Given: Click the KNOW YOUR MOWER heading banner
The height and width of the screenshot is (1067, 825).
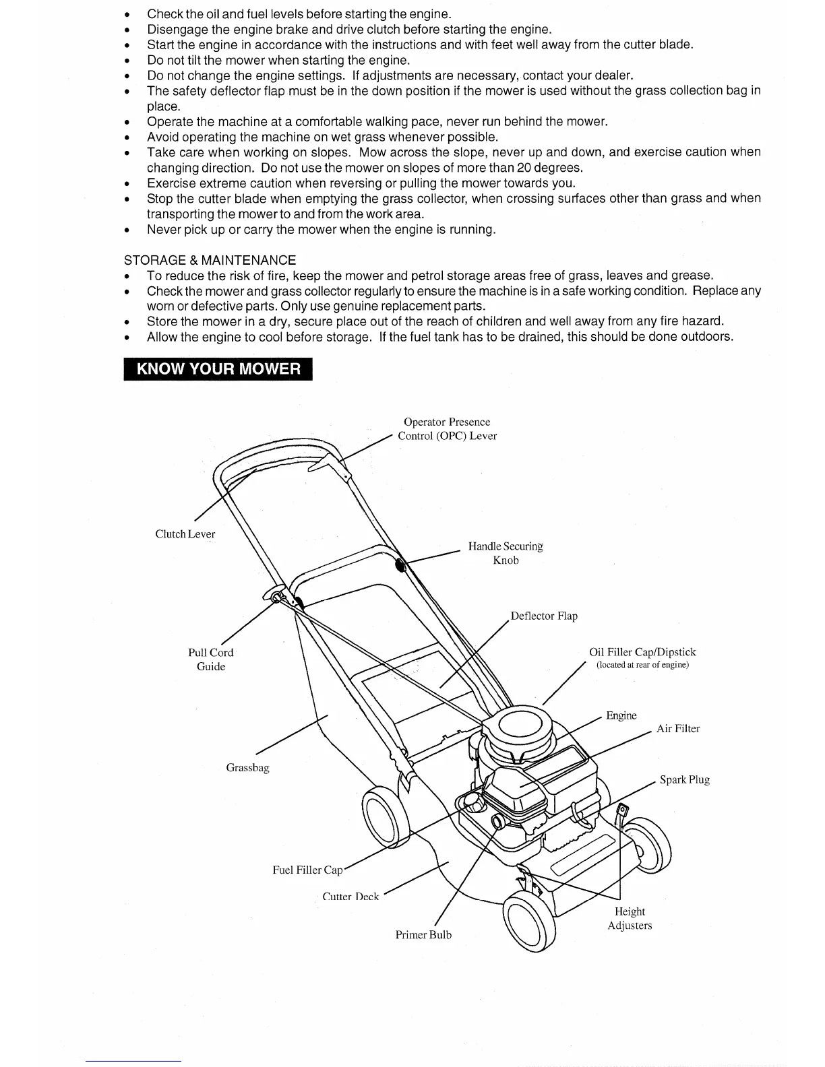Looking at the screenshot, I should [x=218, y=369].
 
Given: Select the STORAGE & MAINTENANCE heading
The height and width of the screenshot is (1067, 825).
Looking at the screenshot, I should [x=210, y=260].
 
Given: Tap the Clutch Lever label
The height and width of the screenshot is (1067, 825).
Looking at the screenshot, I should [x=185, y=534].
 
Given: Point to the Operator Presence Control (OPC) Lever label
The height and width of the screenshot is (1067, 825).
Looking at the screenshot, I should [x=447, y=429].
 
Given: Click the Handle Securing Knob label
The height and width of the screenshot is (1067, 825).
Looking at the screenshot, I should [x=506, y=553].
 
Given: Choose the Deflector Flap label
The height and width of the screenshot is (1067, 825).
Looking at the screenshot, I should [x=544, y=616].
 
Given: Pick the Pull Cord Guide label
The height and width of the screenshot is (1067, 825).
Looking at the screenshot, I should [x=211, y=659].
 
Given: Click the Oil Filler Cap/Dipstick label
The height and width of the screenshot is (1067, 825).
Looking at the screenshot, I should [x=642, y=652].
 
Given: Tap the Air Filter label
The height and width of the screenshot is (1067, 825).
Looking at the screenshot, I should [x=678, y=728].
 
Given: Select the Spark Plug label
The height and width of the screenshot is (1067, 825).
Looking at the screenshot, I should [x=685, y=779].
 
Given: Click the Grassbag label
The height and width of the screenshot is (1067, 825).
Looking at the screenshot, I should [x=247, y=767].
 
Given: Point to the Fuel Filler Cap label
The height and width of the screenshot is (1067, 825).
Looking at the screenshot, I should [x=307, y=870].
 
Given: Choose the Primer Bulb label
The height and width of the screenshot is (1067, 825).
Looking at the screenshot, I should [x=423, y=935].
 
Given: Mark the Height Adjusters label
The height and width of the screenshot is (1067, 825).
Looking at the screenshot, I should [x=630, y=918].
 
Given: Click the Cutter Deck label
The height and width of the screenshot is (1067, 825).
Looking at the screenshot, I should [x=350, y=897].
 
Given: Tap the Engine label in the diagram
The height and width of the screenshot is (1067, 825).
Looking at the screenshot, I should [x=621, y=715].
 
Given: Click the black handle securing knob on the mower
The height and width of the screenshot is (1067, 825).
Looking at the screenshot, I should [x=400, y=565].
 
